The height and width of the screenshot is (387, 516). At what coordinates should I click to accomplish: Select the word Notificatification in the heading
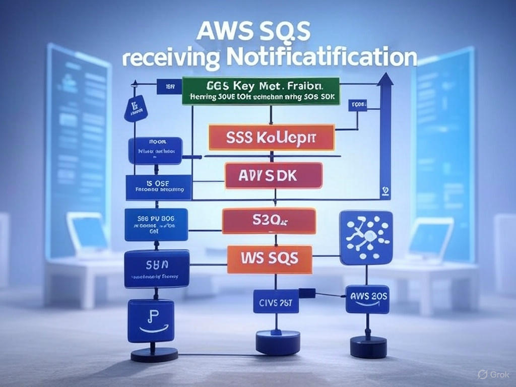(x=321, y=56)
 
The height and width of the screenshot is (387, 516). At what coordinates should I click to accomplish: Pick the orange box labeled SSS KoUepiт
(x=271, y=137)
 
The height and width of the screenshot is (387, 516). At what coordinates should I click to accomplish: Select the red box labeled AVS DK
(x=273, y=176)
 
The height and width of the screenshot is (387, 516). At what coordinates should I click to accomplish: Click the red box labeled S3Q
(x=269, y=221)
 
